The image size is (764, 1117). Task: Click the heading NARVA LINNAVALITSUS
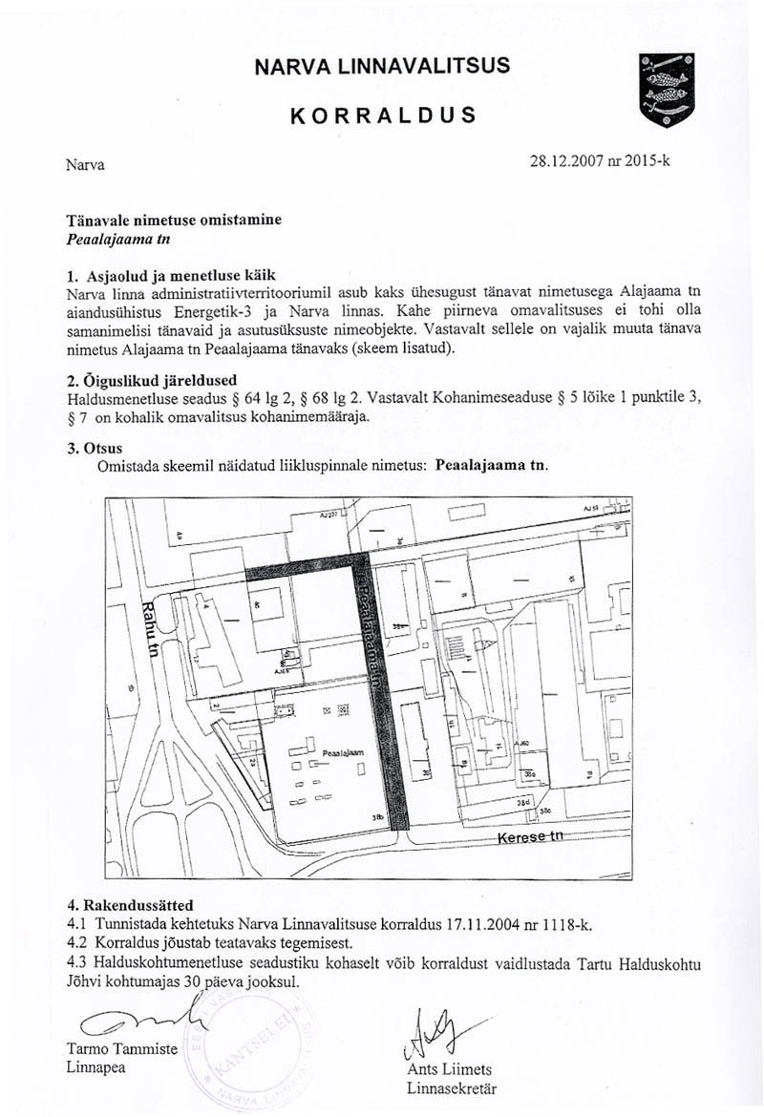[382, 66]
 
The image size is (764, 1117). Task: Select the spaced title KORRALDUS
[383, 116]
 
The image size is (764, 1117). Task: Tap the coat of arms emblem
[666, 91]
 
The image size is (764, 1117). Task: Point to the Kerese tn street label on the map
[531, 837]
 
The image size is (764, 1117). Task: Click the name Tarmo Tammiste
[122, 1048]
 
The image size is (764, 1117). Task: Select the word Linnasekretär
[451, 1088]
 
